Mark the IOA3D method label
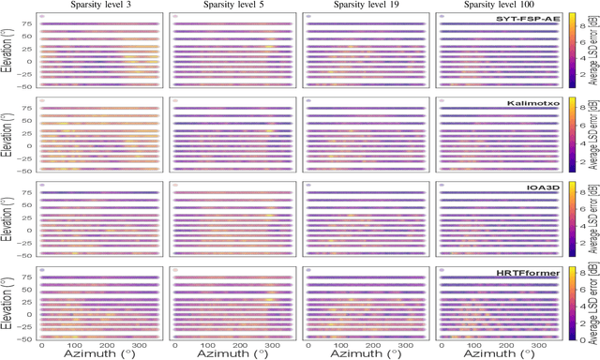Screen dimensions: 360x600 point(545,187)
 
